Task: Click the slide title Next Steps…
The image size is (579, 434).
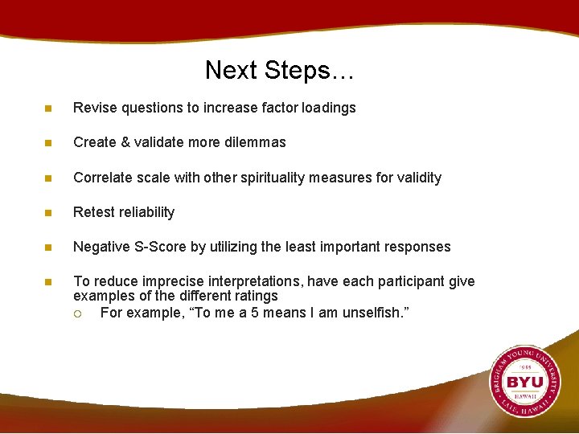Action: [279, 70]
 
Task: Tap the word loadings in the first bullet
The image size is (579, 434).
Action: [330, 108]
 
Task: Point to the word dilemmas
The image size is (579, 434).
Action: [257, 142]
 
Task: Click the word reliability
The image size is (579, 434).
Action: [147, 212]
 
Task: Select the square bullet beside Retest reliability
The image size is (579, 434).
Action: [48, 213]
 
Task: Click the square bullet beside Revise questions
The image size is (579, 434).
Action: [48, 108]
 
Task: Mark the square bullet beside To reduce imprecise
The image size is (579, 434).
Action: [48, 282]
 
